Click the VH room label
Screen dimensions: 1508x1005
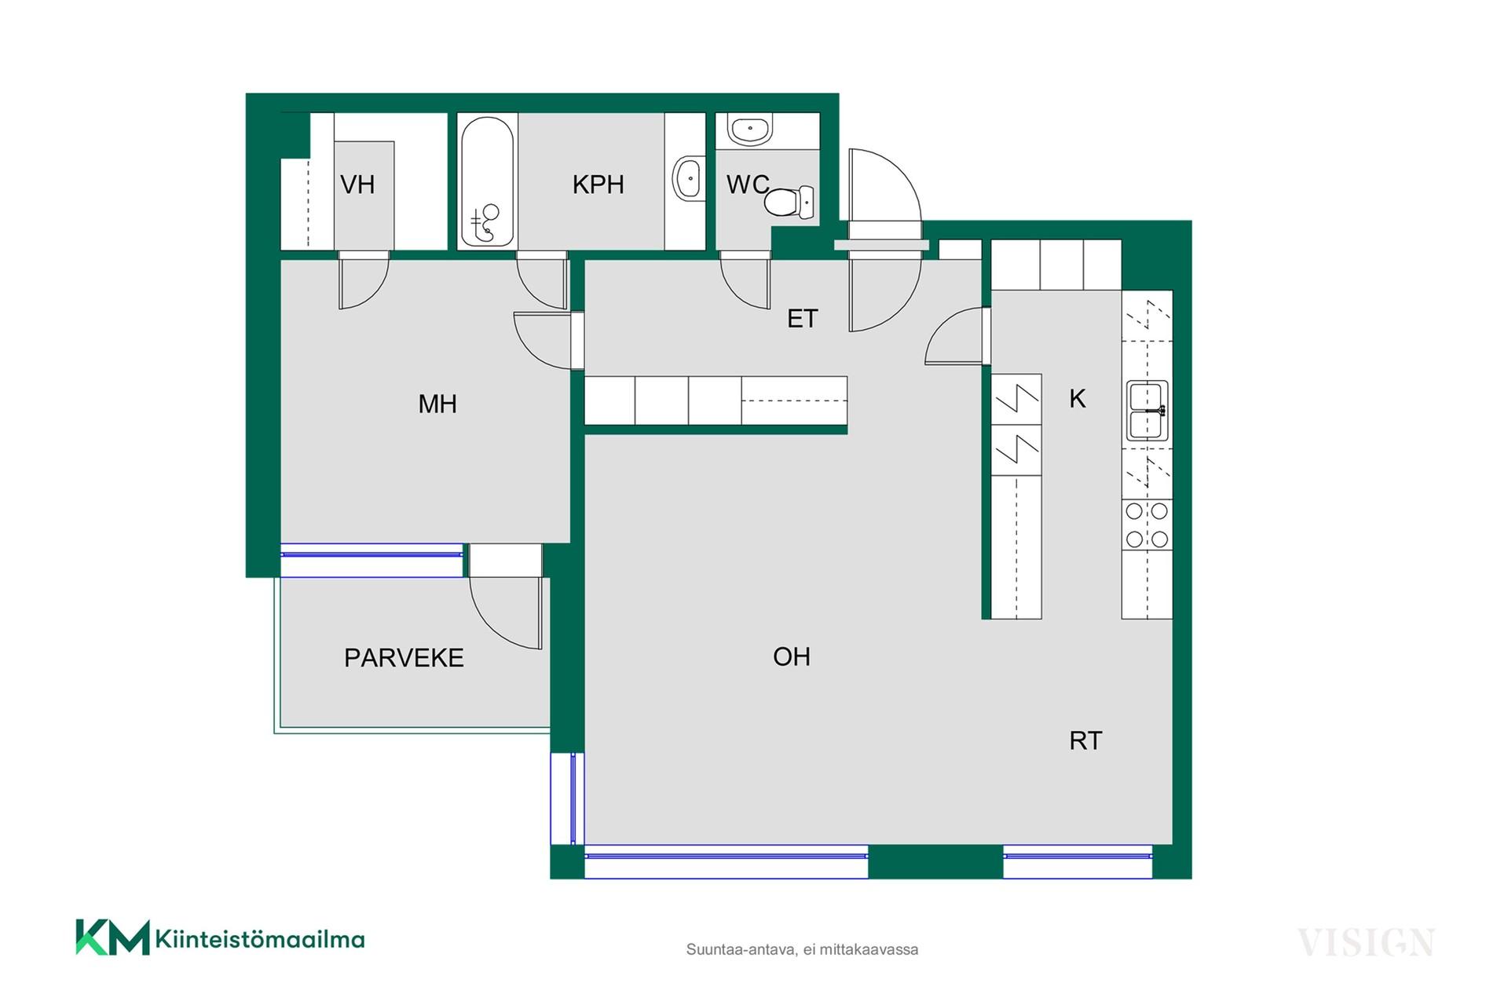tap(357, 185)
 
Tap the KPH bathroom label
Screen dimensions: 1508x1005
tap(598, 185)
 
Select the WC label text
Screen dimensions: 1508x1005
tap(748, 185)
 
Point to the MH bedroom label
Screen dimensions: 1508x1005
tap(437, 404)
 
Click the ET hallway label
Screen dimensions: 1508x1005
tap(803, 319)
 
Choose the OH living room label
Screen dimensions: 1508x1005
tap(792, 656)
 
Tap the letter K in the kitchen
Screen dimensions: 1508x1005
tap(1078, 399)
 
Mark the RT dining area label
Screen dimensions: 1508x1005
tap(1085, 740)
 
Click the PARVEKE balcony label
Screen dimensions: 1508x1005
tap(404, 658)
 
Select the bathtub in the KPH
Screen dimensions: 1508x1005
tap(487, 182)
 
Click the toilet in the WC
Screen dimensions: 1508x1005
tap(789, 203)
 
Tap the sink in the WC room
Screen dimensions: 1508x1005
tap(750, 129)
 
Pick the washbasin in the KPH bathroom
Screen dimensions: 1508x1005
tap(687, 178)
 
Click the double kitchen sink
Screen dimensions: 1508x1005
tap(1147, 411)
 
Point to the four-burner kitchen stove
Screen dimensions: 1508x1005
tap(1147, 525)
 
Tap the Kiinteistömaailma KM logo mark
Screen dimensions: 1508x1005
tap(112, 937)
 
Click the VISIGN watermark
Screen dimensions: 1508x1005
tap(1366, 943)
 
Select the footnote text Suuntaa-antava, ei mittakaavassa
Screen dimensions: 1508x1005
tap(802, 949)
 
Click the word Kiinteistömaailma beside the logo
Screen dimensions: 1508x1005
tap(260, 939)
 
